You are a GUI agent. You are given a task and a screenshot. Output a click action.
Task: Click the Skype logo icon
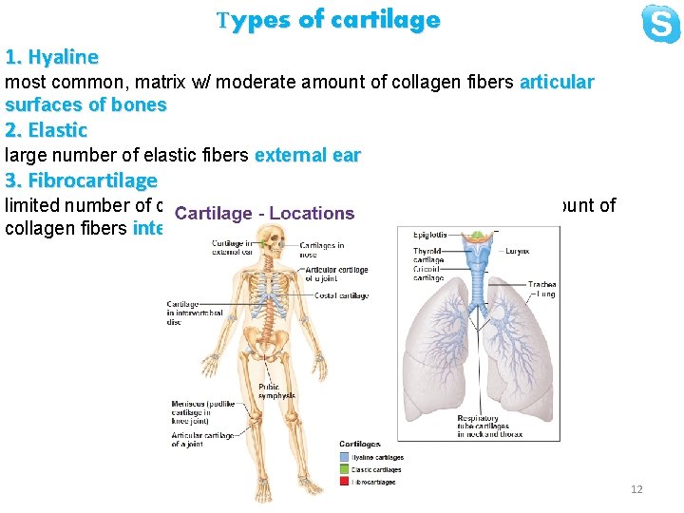coord(660,24)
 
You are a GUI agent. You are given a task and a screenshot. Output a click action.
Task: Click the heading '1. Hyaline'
coord(51,57)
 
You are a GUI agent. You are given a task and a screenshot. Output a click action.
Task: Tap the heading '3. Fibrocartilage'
coord(81,180)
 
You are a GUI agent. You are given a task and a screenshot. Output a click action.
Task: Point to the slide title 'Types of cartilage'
coord(328,20)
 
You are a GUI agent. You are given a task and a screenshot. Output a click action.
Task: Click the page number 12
coord(636,489)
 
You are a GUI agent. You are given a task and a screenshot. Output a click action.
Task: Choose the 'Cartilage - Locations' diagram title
coord(264,215)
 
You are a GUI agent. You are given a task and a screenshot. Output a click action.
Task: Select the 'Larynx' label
coord(517,251)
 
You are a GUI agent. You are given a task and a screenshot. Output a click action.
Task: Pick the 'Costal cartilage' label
coord(341,296)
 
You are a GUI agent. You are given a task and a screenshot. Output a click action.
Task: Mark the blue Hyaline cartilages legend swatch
coord(345,458)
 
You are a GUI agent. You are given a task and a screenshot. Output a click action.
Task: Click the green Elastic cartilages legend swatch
coord(345,470)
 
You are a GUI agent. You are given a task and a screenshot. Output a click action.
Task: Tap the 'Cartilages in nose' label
coord(321,250)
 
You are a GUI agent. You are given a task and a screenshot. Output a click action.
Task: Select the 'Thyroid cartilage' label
coord(428,256)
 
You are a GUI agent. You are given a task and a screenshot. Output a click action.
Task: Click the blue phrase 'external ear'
coord(308,156)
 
